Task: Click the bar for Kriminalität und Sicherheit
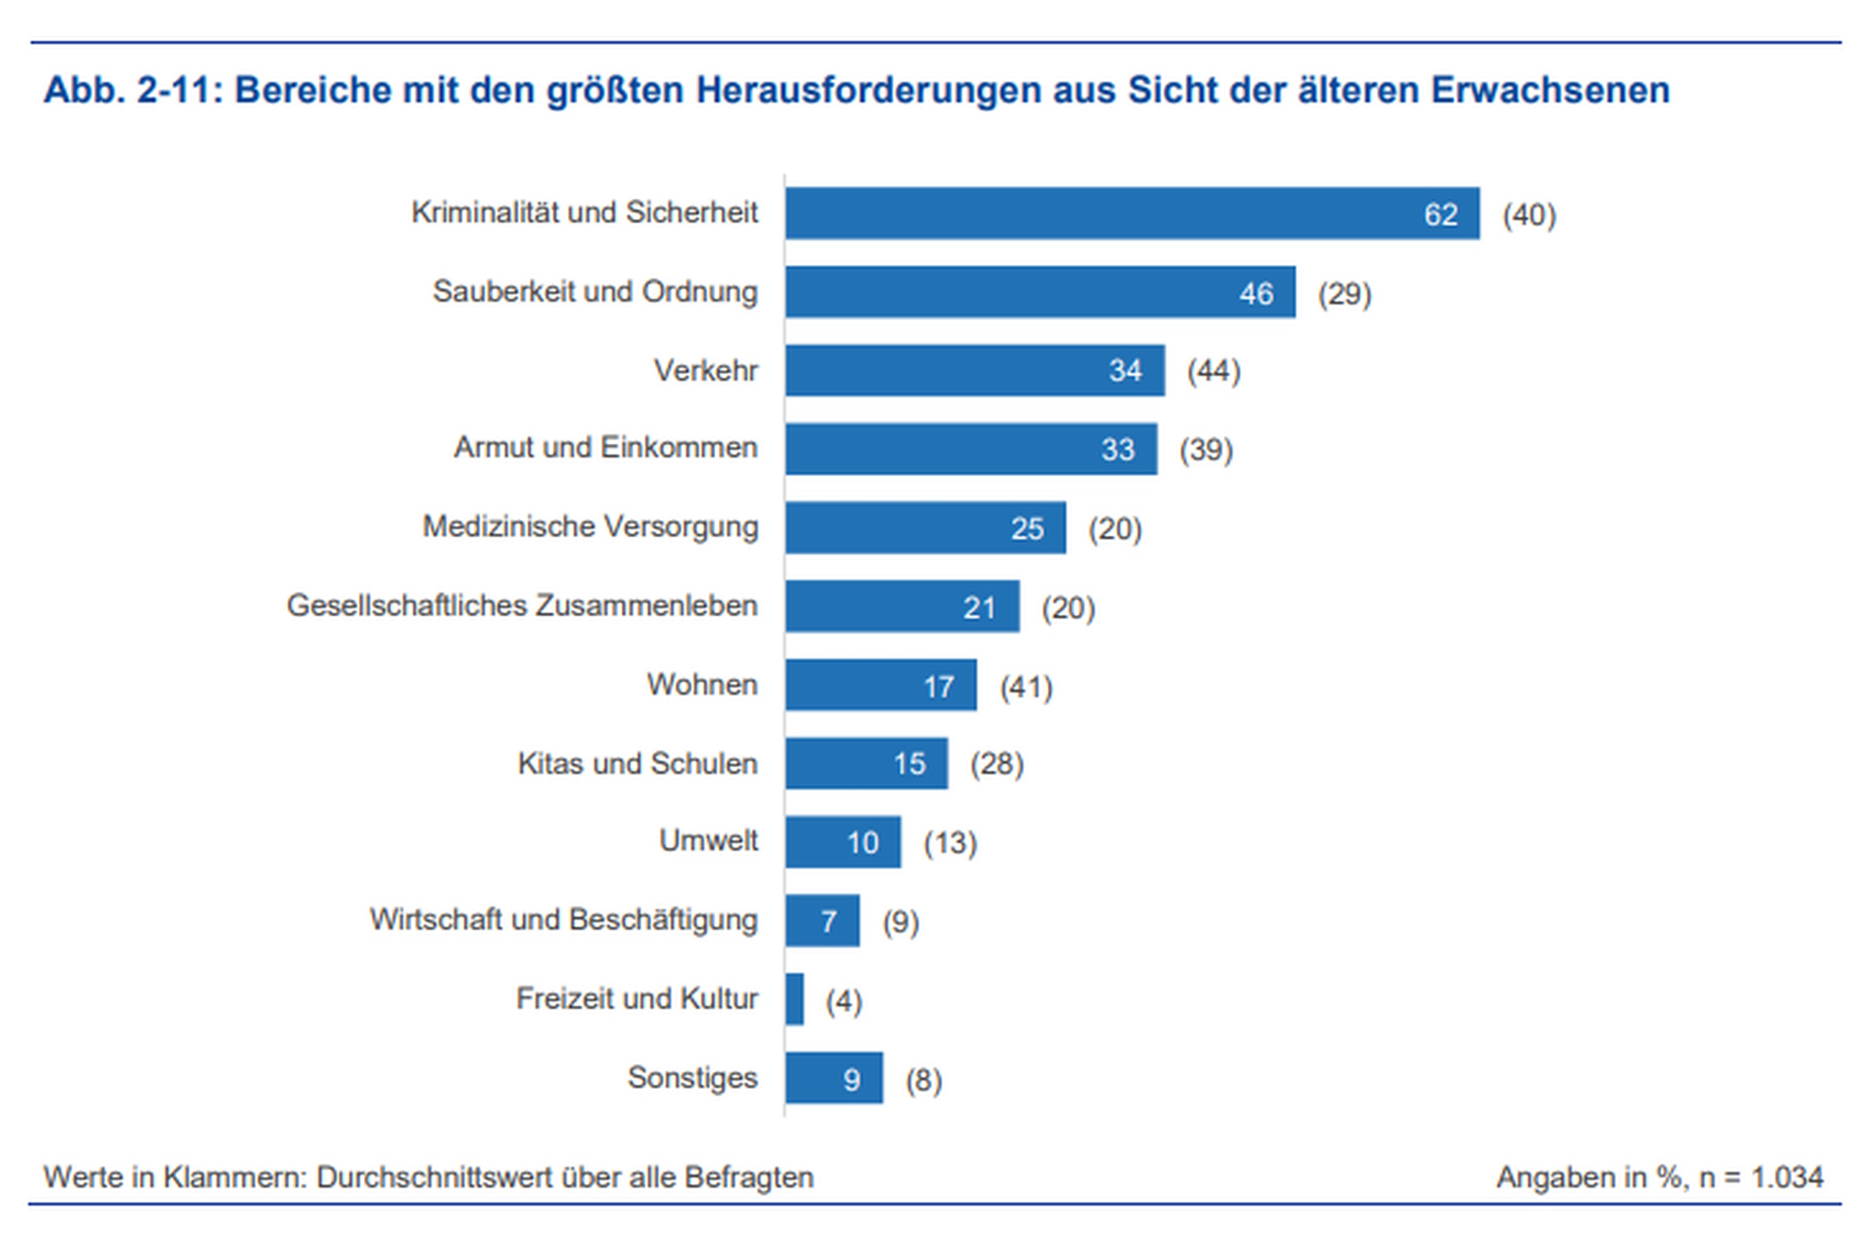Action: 1131,213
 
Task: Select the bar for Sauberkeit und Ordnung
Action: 1039,292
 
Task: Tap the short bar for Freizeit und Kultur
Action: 794,999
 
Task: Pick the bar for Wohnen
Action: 880,685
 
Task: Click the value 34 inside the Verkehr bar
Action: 1125,371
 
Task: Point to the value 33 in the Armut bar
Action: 1117,449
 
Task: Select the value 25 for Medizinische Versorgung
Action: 1027,528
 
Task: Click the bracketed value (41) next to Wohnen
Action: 1026,687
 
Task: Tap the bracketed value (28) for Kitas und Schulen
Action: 997,764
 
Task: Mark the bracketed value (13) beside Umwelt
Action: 951,843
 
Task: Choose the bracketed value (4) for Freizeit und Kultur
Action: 844,1001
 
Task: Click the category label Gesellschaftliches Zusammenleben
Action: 522,606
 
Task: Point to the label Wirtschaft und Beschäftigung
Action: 564,920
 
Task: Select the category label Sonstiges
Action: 692,1077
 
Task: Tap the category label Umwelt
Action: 708,841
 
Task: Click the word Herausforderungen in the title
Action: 869,90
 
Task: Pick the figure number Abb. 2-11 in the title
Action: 133,90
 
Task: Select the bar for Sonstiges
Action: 834,1078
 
